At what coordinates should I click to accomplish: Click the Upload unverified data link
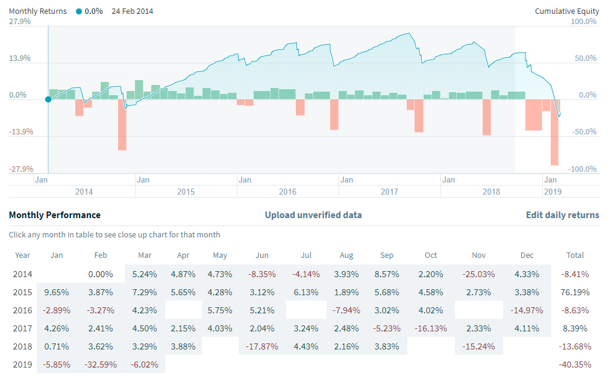(x=313, y=215)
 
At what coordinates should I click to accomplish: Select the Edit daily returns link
(x=562, y=215)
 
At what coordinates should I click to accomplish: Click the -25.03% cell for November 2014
(x=480, y=274)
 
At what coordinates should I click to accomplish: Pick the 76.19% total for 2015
(x=575, y=292)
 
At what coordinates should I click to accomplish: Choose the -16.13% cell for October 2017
(x=430, y=328)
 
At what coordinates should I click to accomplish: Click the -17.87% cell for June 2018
(x=262, y=346)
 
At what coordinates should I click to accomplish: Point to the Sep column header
(x=387, y=255)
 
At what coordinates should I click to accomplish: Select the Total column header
(x=575, y=255)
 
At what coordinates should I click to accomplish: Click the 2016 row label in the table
(x=22, y=310)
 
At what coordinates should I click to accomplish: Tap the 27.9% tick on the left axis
(x=20, y=22)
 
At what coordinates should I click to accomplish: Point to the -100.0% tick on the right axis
(x=583, y=169)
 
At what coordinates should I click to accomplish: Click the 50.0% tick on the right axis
(x=584, y=58)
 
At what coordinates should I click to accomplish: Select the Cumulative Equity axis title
(x=567, y=11)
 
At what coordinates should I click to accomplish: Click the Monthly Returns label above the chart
(x=37, y=11)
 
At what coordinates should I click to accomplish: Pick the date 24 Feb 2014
(x=132, y=11)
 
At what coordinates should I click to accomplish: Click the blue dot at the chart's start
(x=48, y=99)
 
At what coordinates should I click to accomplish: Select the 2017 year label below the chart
(x=389, y=192)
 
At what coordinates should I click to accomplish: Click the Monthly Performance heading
(x=54, y=215)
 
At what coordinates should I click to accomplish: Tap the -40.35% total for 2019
(x=575, y=365)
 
